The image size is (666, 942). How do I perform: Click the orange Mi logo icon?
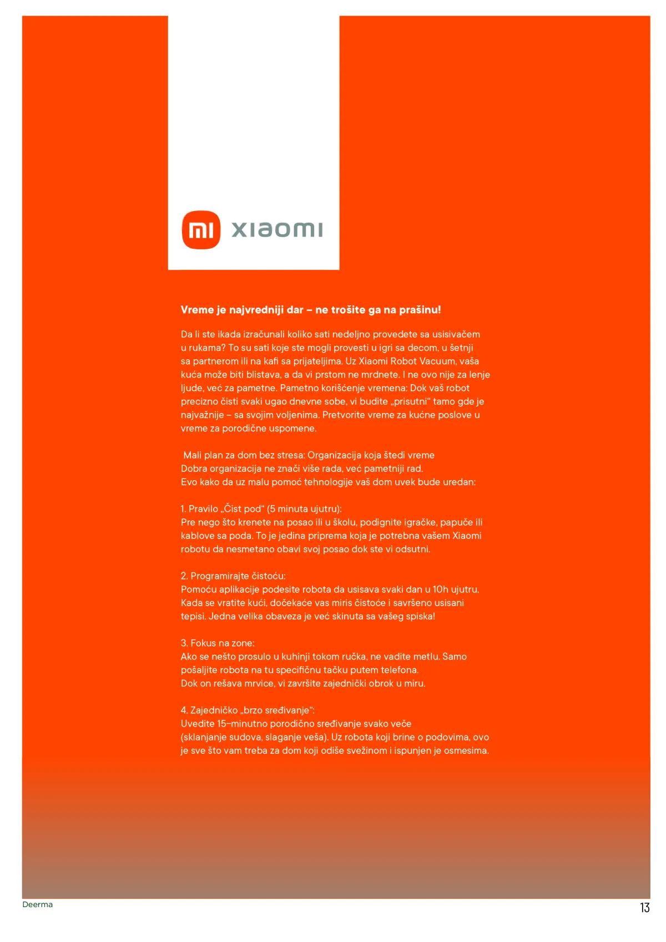(x=201, y=230)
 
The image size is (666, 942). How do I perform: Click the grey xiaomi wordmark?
(x=276, y=230)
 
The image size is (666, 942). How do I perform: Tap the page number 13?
(x=644, y=908)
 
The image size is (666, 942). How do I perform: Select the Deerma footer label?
(x=38, y=904)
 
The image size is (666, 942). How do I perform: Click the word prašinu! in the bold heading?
(x=420, y=310)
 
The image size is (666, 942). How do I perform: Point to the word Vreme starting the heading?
(x=197, y=310)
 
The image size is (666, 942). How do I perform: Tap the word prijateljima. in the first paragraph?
(x=313, y=361)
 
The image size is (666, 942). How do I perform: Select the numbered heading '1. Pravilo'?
(x=200, y=509)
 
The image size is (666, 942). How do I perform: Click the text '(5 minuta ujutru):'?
(x=304, y=509)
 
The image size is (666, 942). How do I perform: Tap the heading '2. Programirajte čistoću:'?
(x=233, y=576)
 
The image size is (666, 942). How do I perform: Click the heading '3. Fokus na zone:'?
(x=218, y=643)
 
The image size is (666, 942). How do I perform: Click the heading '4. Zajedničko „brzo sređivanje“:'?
(x=248, y=711)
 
